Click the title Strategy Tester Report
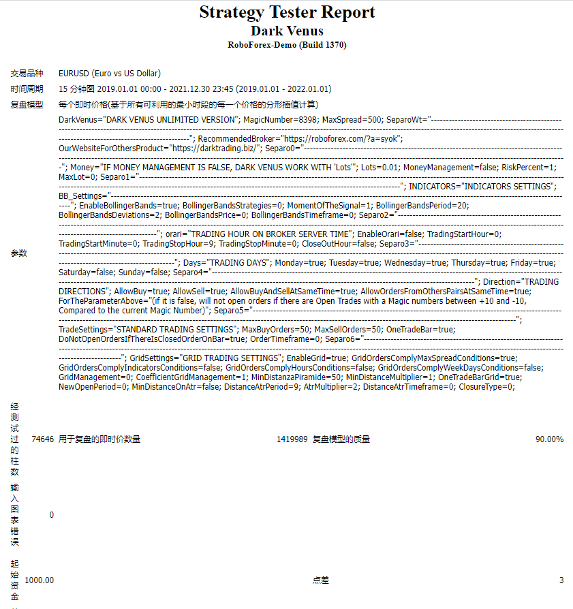(x=287, y=12)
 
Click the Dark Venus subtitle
(x=287, y=31)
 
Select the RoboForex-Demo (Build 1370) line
(x=287, y=45)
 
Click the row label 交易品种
(x=27, y=73)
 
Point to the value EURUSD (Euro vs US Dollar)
(x=110, y=73)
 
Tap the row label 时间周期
(x=27, y=89)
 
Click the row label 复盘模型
(x=27, y=104)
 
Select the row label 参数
(x=19, y=253)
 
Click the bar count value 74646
(x=42, y=439)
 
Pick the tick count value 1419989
(x=292, y=439)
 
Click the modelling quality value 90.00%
(x=549, y=439)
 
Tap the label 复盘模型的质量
(x=341, y=439)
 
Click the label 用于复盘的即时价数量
(x=99, y=439)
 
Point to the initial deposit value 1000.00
(x=39, y=580)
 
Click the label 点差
(x=321, y=580)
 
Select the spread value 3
(x=561, y=580)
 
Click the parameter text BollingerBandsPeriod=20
(x=422, y=205)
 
